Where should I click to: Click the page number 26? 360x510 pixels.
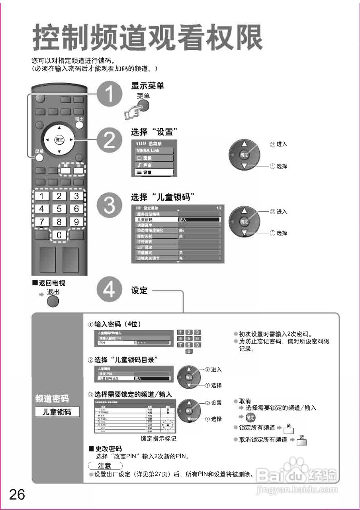point(17,494)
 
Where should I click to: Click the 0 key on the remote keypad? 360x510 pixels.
point(59,235)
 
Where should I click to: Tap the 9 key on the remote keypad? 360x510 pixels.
point(76,222)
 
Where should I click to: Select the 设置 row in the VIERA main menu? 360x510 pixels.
point(153,173)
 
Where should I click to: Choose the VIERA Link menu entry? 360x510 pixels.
point(153,150)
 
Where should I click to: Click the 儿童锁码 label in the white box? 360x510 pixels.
point(57,412)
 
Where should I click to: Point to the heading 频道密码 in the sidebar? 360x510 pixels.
point(52,398)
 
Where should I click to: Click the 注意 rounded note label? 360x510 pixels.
point(105,465)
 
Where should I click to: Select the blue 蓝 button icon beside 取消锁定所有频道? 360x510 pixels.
point(302,440)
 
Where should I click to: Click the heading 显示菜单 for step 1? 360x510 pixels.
point(147,86)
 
